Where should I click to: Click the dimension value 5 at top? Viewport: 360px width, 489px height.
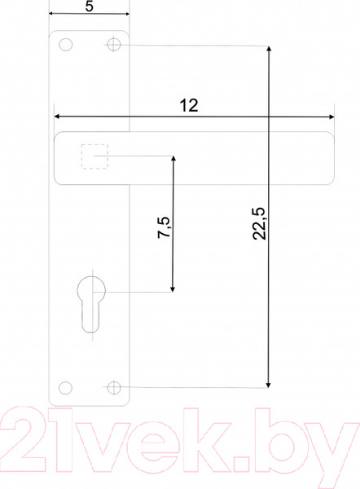point(89,7)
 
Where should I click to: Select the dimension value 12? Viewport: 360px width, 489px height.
point(189,105)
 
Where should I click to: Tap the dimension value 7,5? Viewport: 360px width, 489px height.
point(164,227)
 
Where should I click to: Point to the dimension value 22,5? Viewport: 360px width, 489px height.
point(259,223)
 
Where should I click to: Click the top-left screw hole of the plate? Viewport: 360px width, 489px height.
point(66,45)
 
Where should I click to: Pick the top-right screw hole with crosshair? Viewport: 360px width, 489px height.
point(114,45)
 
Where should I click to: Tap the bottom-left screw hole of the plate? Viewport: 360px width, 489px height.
point(65,388)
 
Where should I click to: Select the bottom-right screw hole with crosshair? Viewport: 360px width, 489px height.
point(114,388)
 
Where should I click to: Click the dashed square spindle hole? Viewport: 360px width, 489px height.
point(94,156)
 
